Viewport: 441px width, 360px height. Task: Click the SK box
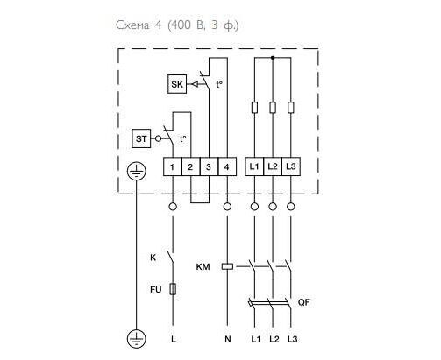[x=177, y=84]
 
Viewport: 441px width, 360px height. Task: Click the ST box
[x=141, y=138]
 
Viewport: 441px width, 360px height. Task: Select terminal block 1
[x=173, y=166]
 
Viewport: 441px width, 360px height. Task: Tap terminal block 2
[x=191, y=166]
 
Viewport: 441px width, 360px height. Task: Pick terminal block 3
[x=209, y=166]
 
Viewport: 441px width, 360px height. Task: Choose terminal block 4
[x=227, y=166]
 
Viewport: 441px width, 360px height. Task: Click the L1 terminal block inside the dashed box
[x=254, y=166]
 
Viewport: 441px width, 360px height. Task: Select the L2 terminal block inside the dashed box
[x=273, y=166]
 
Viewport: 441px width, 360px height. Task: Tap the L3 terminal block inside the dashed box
[x=291, y=166]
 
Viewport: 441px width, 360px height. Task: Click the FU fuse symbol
[x=173, y=289]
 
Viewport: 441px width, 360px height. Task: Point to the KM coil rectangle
[x=227, y=266]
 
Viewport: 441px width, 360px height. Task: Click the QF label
[x=304, y=302]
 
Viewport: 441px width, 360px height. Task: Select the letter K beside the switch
[x=153, y=258]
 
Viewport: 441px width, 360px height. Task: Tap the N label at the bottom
[x=228, y=339]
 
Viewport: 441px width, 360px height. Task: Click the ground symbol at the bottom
[x=137, y=339]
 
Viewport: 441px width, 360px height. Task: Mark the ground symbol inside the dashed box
[x=137, y=171]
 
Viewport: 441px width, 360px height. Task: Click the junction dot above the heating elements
[x=273, y=58]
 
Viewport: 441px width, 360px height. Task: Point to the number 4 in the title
[x=158, y=25]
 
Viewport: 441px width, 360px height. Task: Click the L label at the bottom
[x=174, y=339]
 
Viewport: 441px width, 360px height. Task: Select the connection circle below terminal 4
[x=227, y=207]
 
